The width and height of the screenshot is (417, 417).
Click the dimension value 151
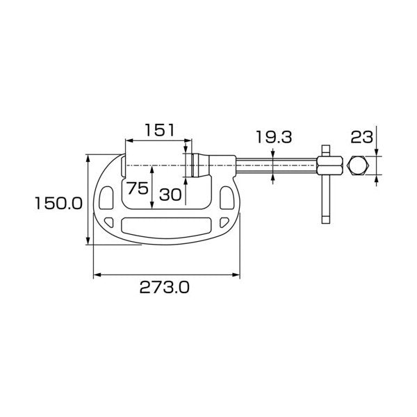coord(160,130)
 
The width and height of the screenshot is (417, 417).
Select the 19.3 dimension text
coord(274,137)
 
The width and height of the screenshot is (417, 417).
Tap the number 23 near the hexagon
coord(361,137)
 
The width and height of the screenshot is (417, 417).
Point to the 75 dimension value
coord(137,188)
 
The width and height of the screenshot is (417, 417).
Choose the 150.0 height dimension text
coord(58,204)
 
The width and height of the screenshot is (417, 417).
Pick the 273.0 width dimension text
coord(165,287)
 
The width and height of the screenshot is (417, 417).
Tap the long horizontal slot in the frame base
coord(166,227)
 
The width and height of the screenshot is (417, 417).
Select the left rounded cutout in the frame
coord(106,198)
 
